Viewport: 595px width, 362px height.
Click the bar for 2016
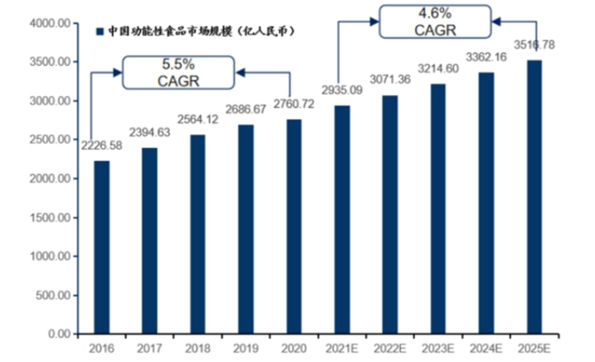click(101, 247)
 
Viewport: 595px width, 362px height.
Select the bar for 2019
click(246, 229)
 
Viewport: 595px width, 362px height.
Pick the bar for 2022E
click(390, 215)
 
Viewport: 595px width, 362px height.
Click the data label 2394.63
click(150, 133)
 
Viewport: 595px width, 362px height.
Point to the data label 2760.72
click(294, 104)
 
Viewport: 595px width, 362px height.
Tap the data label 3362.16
click(486, 57)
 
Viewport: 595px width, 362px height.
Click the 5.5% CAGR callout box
click(179, 73)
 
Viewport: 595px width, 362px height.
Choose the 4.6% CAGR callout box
click(435, 22)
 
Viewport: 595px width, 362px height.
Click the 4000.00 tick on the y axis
click(50, 24)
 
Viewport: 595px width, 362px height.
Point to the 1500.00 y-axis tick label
click(50, 218)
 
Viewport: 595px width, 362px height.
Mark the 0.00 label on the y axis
click(59, 334)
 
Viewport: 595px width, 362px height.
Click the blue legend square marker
click(100, 32)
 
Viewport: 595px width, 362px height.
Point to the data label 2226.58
click(102, 146)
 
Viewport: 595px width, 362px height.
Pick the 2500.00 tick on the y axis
click(50, 140)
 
